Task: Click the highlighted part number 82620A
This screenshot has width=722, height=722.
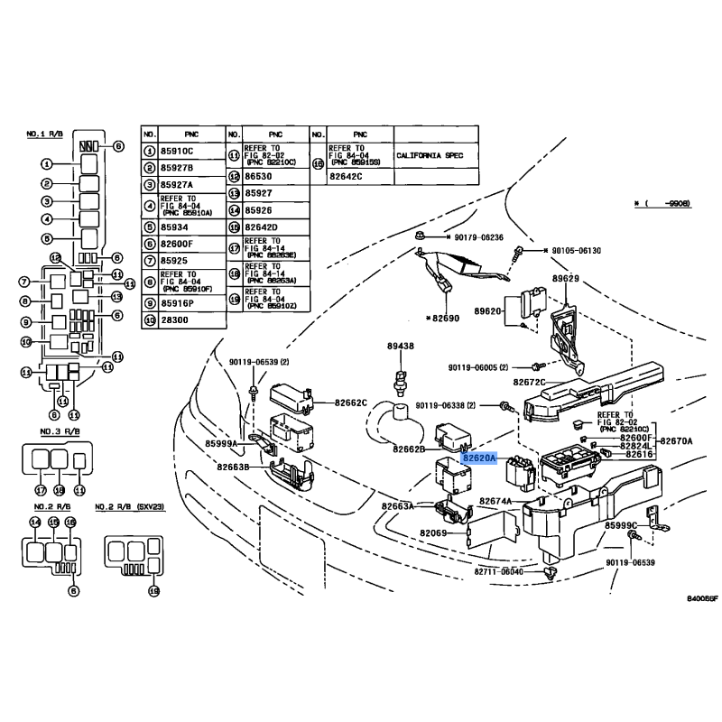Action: [477, 458]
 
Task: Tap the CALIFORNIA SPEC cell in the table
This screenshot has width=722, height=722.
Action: [430, 155]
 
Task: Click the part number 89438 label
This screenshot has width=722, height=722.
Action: [401, 346]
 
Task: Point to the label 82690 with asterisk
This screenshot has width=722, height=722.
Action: [443, 319]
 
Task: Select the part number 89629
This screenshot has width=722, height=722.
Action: [566, 280]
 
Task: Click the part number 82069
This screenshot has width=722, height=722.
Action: [433, 533]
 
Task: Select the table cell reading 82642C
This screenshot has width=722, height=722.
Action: [347, 177]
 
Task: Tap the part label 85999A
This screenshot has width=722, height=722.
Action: [221, 444]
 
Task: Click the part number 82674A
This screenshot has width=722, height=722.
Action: [495, 501]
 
